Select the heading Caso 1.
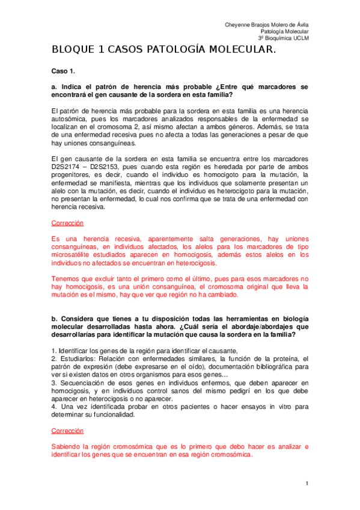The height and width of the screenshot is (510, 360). click(63, 70)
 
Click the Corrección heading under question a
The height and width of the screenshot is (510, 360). click(67, 223)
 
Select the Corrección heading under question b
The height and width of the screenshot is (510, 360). click(67, 431)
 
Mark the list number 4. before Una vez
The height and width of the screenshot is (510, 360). click(54, 407)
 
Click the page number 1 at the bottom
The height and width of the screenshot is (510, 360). click(307, 484)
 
